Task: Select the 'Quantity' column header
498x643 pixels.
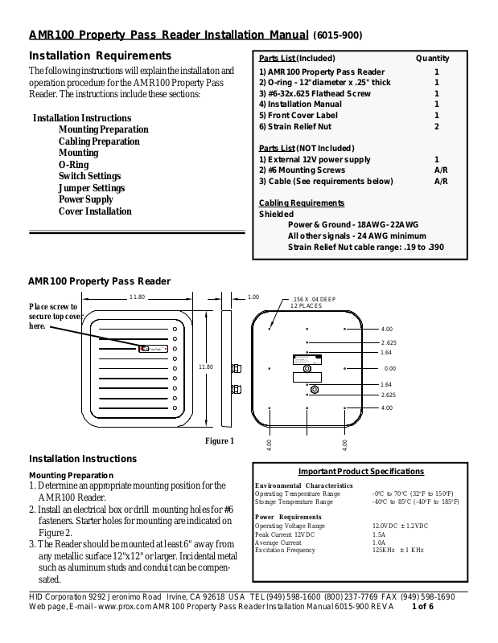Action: pyautogui.click(x=432, y=59)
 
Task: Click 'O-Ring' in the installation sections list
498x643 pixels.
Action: pyautogui.click(x=73, y=164)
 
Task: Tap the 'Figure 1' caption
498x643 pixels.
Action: pyautogui.click(x=219, y=440)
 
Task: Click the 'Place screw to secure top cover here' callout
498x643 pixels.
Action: pyautogui.click(x=54, y=317)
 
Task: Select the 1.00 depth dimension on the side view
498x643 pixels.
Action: pyautogui.click(x=253, y=297)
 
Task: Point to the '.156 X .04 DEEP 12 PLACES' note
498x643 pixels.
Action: pyautogui.click(x=313, y=303)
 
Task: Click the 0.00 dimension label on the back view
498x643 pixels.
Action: pyautogui.click(x=390, y=368)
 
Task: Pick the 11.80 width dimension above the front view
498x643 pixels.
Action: pyautogui.click(x=137, y=298)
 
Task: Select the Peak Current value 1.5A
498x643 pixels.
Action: pyautogui.click(x=378, y=534)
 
